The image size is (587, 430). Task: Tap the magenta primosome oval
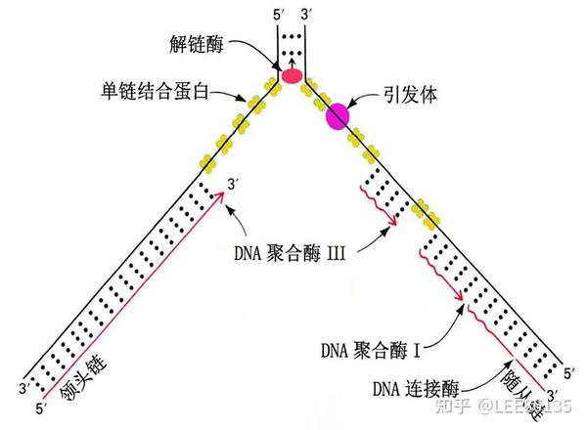click(x=337, y=116)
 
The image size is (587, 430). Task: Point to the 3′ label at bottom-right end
click(x=553, y=393)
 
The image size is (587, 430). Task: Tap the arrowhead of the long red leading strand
click(x=225, y=197)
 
